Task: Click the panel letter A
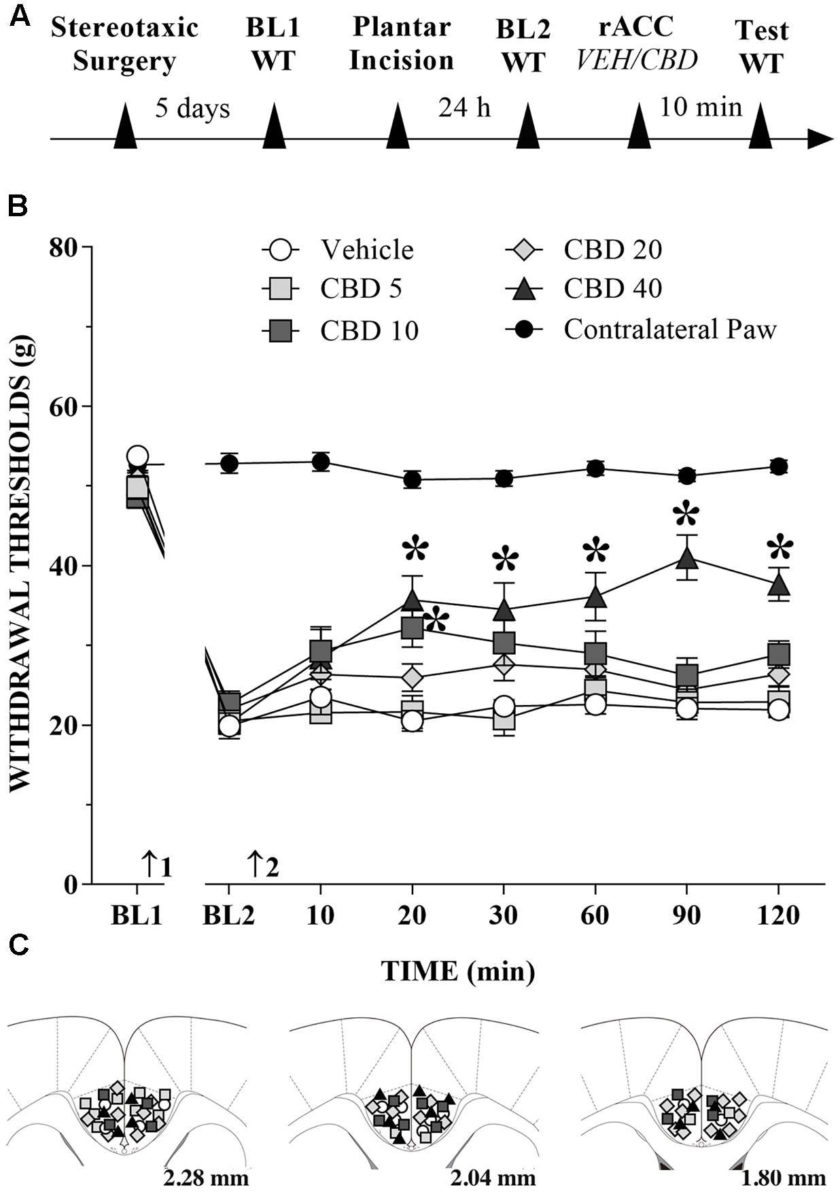point(20,16)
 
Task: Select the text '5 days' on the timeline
point(192,108)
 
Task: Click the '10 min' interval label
point(701,107)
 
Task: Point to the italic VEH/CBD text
point(637,60)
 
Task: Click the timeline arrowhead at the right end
point(820,139)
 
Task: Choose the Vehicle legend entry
point(367,250)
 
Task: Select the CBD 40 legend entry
point(612,289)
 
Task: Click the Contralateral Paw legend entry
point(669,330)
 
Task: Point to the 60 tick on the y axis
point(64,407)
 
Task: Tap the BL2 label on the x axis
point(229,916)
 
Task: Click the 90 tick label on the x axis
point(687,916)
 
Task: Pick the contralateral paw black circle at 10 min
point(321,462)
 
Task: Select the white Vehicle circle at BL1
point(137,456)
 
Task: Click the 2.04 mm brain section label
point(493,1177)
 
